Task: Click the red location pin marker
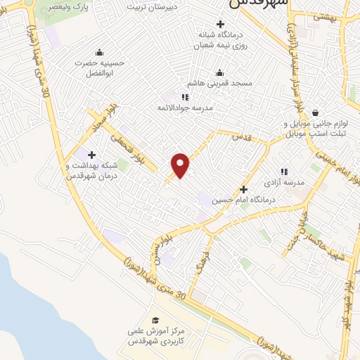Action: [x=181, y=165]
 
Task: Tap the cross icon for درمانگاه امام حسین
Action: [x=244, y=189]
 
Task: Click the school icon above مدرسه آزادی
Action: [x=284, y=171]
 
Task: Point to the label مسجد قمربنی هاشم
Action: [x=220, y=83]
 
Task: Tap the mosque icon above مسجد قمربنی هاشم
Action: [x=219, y=72]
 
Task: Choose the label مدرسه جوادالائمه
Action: [x=184, y=108]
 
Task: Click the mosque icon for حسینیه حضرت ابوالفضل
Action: [x=98, y=51]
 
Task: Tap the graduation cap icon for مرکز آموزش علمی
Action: [x=155, y=320]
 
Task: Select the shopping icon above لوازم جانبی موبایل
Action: [x=314, y=112]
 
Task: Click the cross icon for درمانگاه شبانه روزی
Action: [x=221, y=24]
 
